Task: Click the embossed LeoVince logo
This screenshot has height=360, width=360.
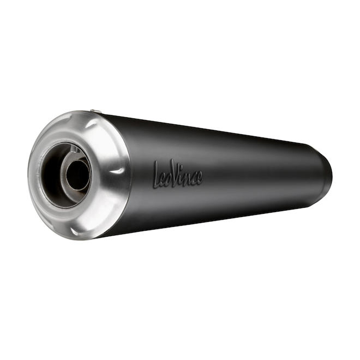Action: [178, 173]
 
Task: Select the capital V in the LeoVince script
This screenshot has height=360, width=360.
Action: [176, 174]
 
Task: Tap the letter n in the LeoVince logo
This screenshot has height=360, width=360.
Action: [189, 177]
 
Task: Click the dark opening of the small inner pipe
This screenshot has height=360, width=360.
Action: [79, 176]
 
